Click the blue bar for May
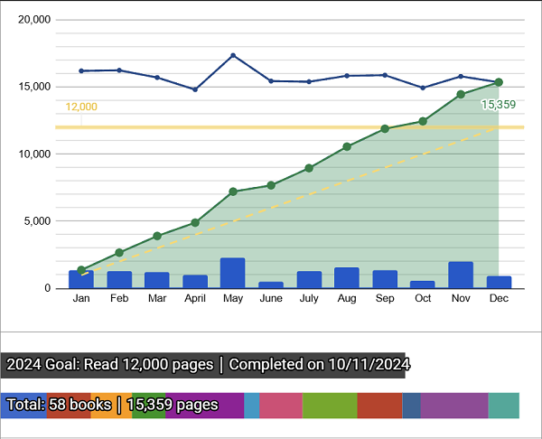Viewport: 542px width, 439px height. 232,273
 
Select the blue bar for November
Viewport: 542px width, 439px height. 461,275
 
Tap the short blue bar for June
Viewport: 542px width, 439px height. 271,285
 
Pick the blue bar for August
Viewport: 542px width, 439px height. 347,277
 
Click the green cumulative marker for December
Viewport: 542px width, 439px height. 499,82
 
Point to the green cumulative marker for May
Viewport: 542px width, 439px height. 233,191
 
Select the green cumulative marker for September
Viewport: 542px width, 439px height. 385,129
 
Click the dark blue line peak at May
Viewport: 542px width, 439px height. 233,55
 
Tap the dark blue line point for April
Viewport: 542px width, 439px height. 195,89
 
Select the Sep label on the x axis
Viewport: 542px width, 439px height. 385,298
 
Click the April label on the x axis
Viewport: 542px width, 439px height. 195,298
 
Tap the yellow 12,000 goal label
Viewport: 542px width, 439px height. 81,107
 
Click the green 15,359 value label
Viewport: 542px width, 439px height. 499,105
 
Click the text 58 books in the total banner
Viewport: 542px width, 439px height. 81,406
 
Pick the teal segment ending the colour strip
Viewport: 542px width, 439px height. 503,406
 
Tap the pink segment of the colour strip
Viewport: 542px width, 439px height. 281,406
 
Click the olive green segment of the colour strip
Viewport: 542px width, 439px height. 330,406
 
